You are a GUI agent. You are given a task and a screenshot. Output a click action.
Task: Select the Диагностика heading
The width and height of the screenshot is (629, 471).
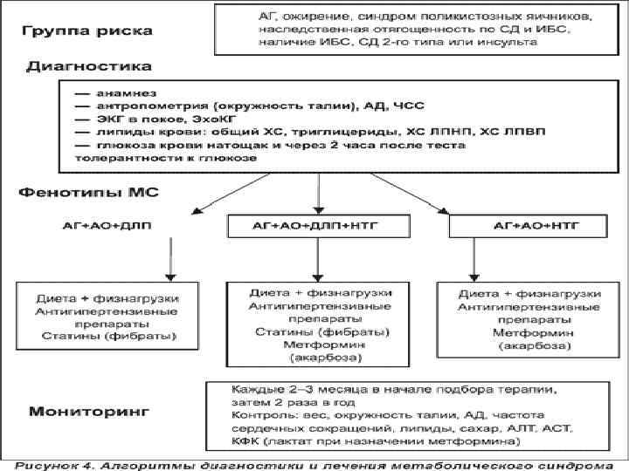(88, 65)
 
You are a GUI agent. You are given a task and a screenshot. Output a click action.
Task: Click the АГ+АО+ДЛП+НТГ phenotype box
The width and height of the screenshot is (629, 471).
(320, 225)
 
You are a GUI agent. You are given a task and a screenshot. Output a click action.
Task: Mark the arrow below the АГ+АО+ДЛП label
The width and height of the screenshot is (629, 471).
(166, 258)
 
